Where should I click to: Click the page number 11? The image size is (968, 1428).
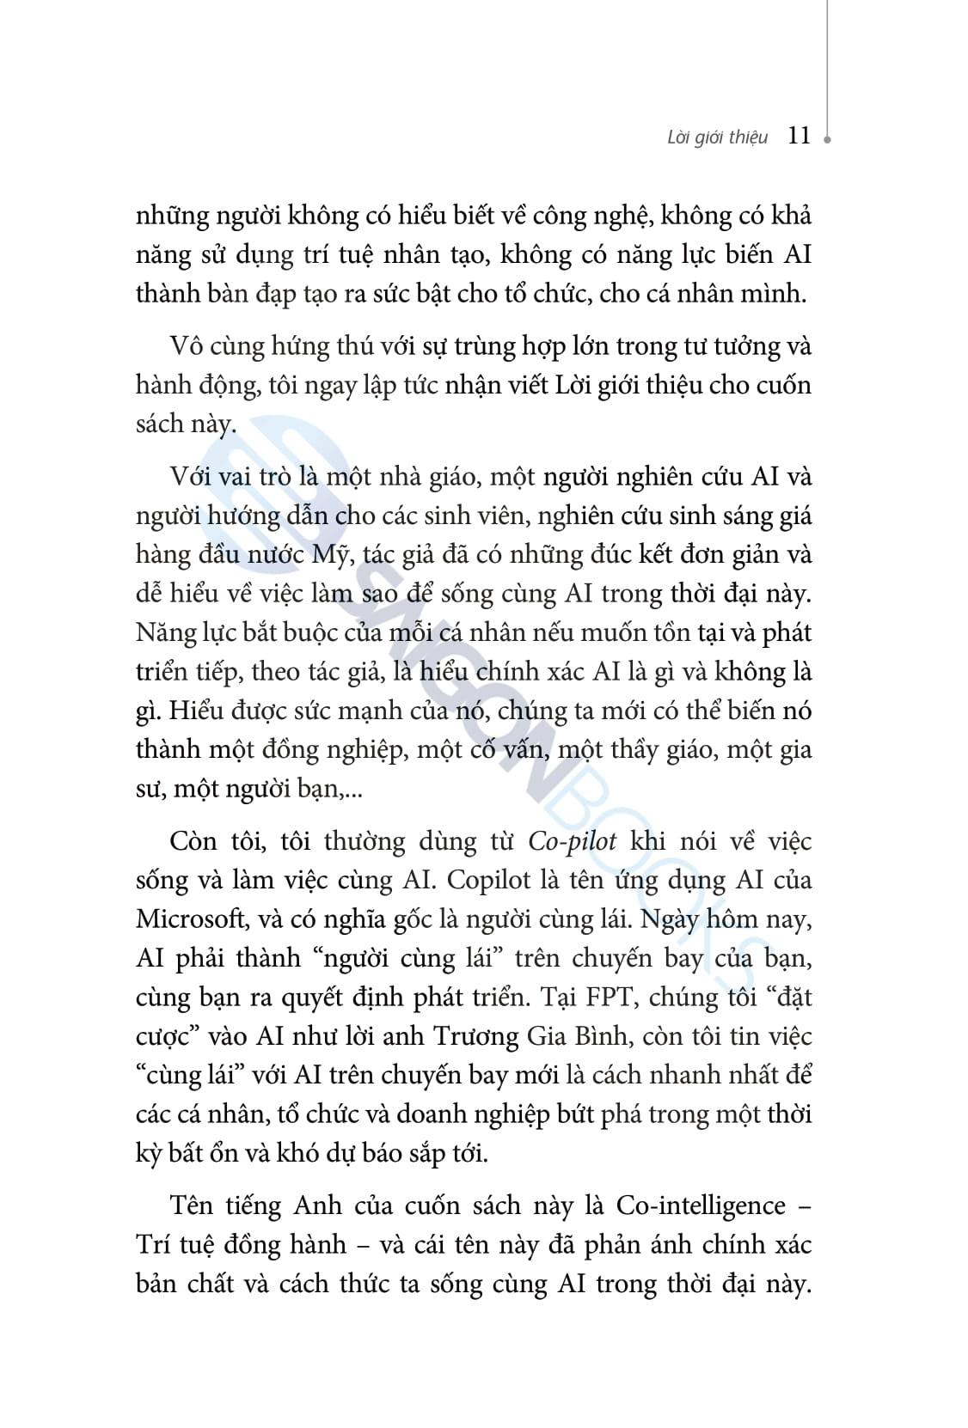[x=799, y=136]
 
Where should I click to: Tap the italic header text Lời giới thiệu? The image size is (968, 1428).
[x=718, y=138]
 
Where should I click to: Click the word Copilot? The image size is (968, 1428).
[x=485, y=880]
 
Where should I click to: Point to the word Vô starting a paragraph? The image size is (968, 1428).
[x=187, y=346]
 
